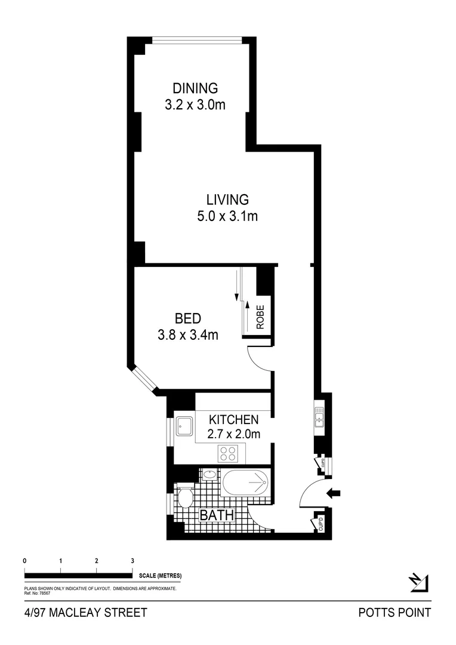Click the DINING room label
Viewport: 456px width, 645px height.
(x=191, y=88)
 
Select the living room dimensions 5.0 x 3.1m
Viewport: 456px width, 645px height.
(x=227, y=216)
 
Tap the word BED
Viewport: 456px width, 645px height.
(x=187, y=318)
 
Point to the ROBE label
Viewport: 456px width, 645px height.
(x=260, y=317)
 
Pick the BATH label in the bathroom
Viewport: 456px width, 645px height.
(x=216, y=515)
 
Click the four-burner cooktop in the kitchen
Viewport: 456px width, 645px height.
(x=227, y=453)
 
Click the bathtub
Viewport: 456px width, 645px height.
(x=246, y=483)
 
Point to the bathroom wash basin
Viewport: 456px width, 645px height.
(x=209, y=475)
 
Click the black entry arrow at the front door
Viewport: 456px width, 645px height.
(x=335, y=493)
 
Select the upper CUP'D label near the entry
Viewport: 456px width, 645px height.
(x=323, y=462)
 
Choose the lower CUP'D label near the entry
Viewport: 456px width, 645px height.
(x=321, y=524)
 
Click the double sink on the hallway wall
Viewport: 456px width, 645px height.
(x=319, y=416)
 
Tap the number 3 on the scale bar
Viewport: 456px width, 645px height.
(x=132, y=561)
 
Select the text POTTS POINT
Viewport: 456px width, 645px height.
(x=394, y=612)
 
